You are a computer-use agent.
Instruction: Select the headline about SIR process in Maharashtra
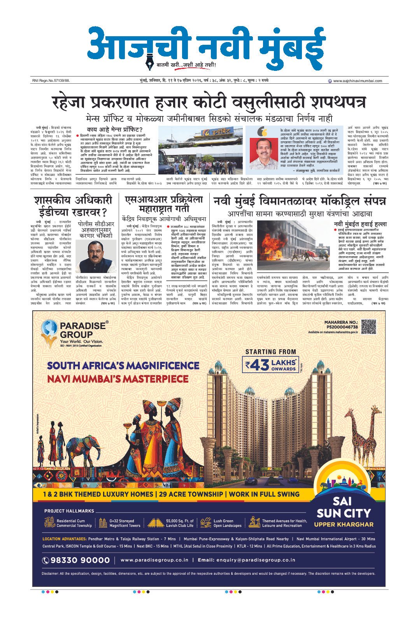tap(164, 204)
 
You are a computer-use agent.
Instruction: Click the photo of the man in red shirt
tap(263, 155)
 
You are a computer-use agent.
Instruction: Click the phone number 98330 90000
tap(76, 560)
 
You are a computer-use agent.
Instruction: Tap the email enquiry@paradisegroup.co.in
tap(247, 560)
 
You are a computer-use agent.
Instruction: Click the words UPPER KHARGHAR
tap(344, 524)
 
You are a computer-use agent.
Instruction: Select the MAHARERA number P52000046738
tap(342, 327)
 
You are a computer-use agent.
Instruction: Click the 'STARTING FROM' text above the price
tap(270, 352)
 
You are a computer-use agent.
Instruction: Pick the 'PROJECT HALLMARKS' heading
tap(69, 511)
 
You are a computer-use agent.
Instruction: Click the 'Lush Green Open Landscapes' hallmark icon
tap(206, 523)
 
